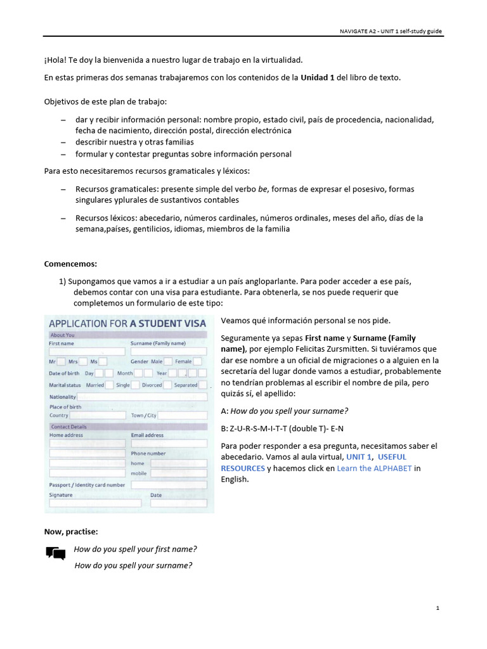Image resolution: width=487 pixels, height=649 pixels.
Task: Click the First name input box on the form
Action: pyautogui.click(x=87, y=351)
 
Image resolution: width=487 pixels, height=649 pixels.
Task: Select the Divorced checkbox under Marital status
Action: pyautogui.click(x=167, y=385)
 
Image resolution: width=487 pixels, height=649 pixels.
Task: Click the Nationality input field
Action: pyautogui.click(x=142, y=397)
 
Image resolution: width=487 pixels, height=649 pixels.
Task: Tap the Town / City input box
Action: pyautogui.click(x=182, y=416)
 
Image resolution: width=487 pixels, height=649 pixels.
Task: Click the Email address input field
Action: pyautogui.click(x=168, y=444)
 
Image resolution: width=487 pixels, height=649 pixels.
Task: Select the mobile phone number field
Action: pyautogui.click(x=178, y=473)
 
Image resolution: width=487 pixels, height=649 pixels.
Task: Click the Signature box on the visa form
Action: pyautogui.click(x=94, y=503)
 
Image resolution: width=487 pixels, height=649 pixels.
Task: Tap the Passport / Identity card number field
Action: pyautogui.click(x=168, y=485)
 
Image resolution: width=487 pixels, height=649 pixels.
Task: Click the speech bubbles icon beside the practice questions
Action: pyautogui.click(x=56, y=553)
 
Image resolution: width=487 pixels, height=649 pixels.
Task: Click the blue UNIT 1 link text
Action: pyautogui.click(x=358, y=457)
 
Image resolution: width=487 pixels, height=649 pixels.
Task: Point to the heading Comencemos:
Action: pyautogui.click(x=70, y=264)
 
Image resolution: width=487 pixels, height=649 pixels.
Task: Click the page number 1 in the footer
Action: pyautogui.click(x=438, y=608)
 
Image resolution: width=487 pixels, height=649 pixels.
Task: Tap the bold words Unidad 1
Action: pyautogui.click(x=317, y=77)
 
